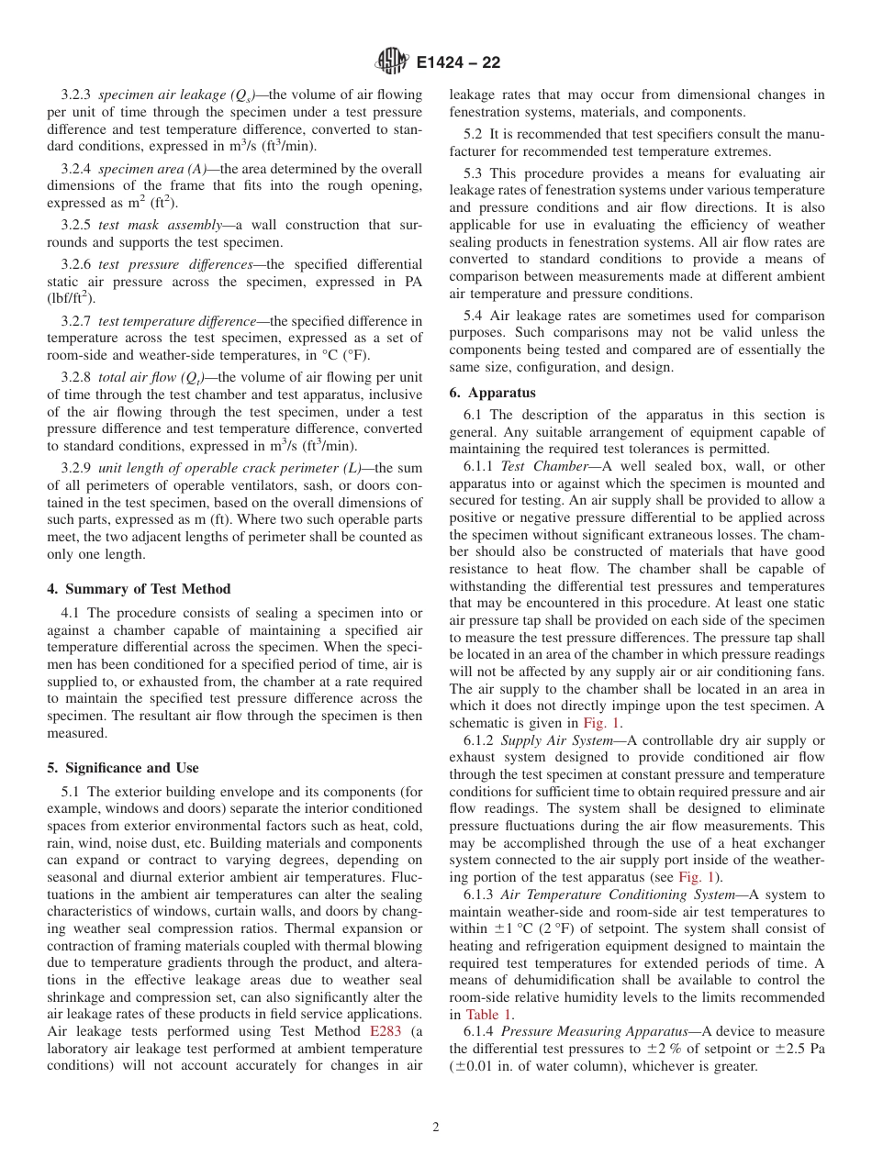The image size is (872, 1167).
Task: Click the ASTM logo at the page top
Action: click(x=392, y=62)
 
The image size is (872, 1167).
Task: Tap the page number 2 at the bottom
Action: click(x=436, y=1128)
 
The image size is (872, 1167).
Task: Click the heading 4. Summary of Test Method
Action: click(x=139, y=589)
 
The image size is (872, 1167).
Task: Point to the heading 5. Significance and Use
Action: click(x=123, y=768)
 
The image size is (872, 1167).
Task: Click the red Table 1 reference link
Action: click(x=488, y=1015)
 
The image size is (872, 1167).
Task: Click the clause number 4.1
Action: click(x=71, y=613)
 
